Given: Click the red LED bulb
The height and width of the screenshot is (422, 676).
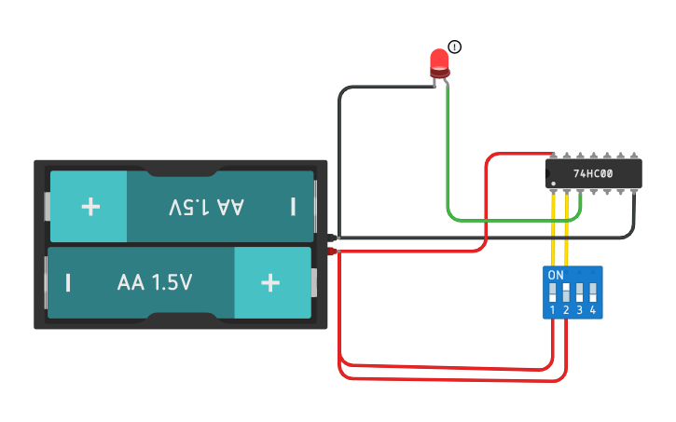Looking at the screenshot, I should pyautogui.click(x=439, y=62).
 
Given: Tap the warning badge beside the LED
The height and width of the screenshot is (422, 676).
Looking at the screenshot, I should pyautogui.click(x=454, y=48).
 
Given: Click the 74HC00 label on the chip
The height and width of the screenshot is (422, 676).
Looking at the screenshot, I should pyautogui.click(x=593, y=173).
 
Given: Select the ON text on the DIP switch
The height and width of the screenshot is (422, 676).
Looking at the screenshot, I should pyautogui.click(x=556, y=276).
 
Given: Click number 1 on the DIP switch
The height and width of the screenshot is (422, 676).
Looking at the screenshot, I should pyautogui.click(x=553, y=309).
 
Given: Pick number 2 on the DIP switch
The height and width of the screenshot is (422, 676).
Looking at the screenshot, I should pyautogui.click(x=566, y=309).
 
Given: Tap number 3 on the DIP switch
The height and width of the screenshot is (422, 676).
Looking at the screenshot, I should pyautogui.click(x=579, y=309).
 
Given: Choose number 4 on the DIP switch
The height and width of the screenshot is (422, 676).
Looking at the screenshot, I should pyautogui.click(x=592, y=309).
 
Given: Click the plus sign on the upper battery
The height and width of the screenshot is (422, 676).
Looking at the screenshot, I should pyautogui.click(x=90, y=206).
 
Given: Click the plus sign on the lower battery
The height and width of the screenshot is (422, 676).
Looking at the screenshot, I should pyautogui.click(x=270, y=282).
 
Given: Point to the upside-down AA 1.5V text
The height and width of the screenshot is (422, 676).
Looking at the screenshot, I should pyautogui.click(x=206, y=207).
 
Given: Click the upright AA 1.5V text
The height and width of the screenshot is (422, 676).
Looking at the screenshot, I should pyautogui.click(x=155, y=282).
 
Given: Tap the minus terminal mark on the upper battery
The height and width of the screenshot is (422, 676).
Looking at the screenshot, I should pyautogui.click(x=293, y=206).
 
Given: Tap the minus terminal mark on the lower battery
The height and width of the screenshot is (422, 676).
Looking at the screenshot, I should pyautogui.click(x=68, y=282).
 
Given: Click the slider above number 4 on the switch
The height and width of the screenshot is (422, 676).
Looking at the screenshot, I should pyautogui.click(x=592, y=292).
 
